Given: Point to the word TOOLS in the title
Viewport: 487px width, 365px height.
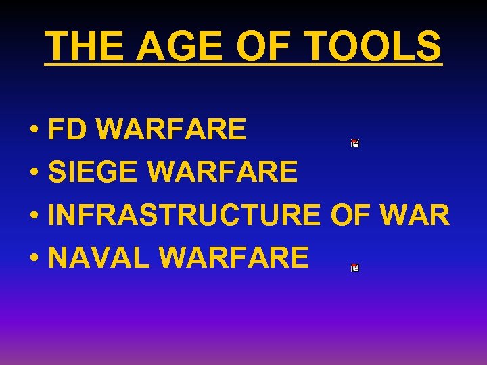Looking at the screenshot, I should click(x=373, y=46).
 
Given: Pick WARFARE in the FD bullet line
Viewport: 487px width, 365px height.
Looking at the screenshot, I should click(x=171, y=129).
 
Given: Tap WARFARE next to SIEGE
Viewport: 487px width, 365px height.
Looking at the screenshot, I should click(x=222, y=172).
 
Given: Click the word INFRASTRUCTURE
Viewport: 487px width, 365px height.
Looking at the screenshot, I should click(x=184, y=215).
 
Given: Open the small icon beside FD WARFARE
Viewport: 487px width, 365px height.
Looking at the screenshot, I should click(x=354, y=143).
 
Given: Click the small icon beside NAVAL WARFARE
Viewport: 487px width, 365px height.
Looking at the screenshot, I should click(x=354, y=268).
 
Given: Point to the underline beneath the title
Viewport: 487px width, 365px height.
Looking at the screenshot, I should click(x=243, y=64).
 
